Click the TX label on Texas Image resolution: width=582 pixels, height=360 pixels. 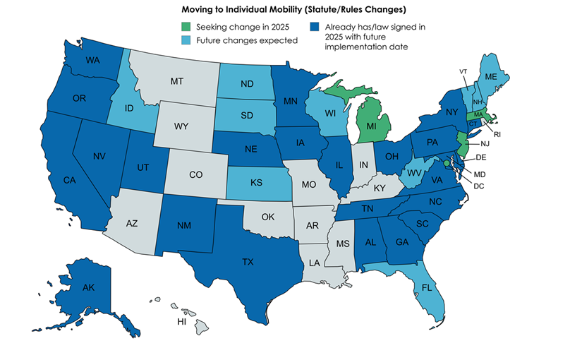click(248, 262)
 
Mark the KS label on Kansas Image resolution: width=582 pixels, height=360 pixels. click(257, 182)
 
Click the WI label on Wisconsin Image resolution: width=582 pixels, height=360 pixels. click(329, 114)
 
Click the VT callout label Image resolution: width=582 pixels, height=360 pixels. click(463, 72)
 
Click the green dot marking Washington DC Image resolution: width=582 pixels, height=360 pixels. click(446, 163)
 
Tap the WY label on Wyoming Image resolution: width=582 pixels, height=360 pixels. click(181, 127)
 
